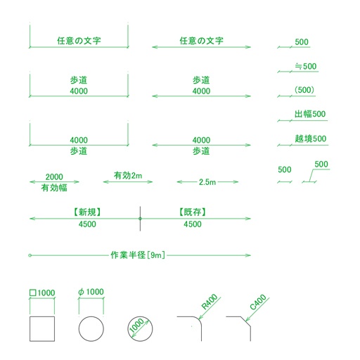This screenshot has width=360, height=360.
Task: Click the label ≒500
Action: coord(306,66)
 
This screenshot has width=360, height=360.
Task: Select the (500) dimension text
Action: coord(304,90)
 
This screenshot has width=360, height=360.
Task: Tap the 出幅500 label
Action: coord(310,114)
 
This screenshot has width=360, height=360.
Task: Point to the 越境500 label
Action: coord(311,139)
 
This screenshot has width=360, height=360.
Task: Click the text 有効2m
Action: coord(128,176)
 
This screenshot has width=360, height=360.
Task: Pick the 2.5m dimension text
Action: coord(207,182)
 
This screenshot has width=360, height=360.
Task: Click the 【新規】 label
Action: coord(87,212)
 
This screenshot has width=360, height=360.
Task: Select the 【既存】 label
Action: coord(193,212)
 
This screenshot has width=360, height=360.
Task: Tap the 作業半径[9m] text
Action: coord(138,255)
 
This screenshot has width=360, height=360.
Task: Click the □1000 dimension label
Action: coord(42,292)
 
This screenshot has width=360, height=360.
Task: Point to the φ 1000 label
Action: coord(91,292)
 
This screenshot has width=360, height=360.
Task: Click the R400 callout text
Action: coord(210,302)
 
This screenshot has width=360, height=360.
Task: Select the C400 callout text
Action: coord(258,302)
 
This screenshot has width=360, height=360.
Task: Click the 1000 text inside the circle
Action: coord(136,325)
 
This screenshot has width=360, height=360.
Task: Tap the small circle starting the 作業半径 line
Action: coord(30,255)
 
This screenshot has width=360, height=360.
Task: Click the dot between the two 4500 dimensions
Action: coord(140,219)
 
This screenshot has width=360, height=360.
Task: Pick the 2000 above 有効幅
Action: coord(54,177)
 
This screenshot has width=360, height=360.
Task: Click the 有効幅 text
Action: coord(54,188)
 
